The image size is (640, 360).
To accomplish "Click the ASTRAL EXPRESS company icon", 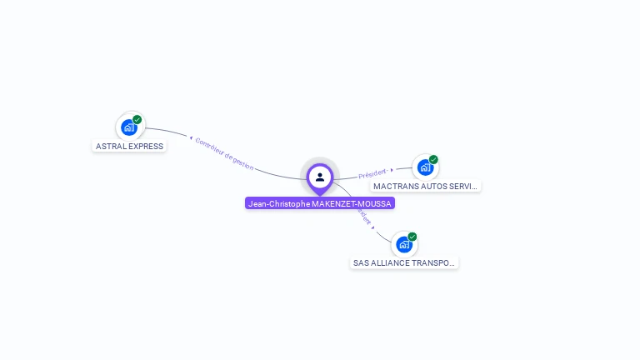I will tap(128, 127).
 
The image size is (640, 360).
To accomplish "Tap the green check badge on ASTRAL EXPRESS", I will tap(137, 119).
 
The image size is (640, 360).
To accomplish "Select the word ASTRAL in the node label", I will tap(109, 146).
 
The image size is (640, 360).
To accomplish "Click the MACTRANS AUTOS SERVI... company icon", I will tap(425, 167).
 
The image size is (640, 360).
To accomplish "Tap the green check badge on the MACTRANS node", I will tap(433, 159).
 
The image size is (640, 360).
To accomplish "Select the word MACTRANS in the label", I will tap(394, 187).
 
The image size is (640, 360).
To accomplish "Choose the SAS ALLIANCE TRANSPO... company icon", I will tap(404, 245).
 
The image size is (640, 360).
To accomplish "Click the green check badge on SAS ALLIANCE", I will tap(412, 237).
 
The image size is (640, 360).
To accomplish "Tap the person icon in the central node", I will tap(320, 177).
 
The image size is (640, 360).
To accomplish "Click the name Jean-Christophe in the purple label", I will tap(278, 203).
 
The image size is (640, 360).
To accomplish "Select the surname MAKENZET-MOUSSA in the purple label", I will tap(351, 203).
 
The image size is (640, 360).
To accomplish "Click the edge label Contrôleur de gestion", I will tap(224, 153).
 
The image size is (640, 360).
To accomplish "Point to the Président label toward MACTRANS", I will tap(372, 174).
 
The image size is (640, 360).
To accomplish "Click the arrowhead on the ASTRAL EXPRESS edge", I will tap(192, 137).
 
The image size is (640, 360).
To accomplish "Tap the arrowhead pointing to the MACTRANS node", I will tap(392, 170).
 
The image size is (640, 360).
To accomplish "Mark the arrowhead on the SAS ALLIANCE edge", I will tap(373, 227).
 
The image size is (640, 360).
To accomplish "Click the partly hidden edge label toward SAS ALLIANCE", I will tap(363, 216).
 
